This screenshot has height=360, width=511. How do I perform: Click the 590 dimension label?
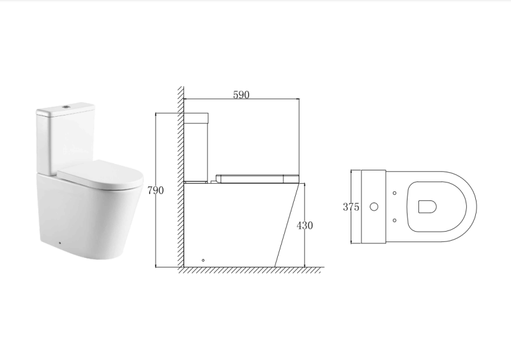point(241,94)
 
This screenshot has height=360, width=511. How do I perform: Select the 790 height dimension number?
point(156,190)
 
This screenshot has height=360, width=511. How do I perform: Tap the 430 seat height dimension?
point(305,225)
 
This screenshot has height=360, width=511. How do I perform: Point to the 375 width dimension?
point(351,207)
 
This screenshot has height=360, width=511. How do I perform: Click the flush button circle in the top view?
point(375,206)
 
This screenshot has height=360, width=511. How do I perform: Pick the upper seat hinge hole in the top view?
point(395,193)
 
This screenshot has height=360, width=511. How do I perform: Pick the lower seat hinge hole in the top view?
point(395,220)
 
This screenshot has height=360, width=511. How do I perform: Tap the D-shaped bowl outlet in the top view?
point(427,206)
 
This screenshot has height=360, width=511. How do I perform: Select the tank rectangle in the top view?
point(374,206)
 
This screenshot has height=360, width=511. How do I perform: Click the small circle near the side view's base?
point(203,260)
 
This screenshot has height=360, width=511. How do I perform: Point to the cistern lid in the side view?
point(196,117)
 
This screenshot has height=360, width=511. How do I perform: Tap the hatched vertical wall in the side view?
point(181,179)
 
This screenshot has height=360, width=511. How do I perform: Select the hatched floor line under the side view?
point(249,270)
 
